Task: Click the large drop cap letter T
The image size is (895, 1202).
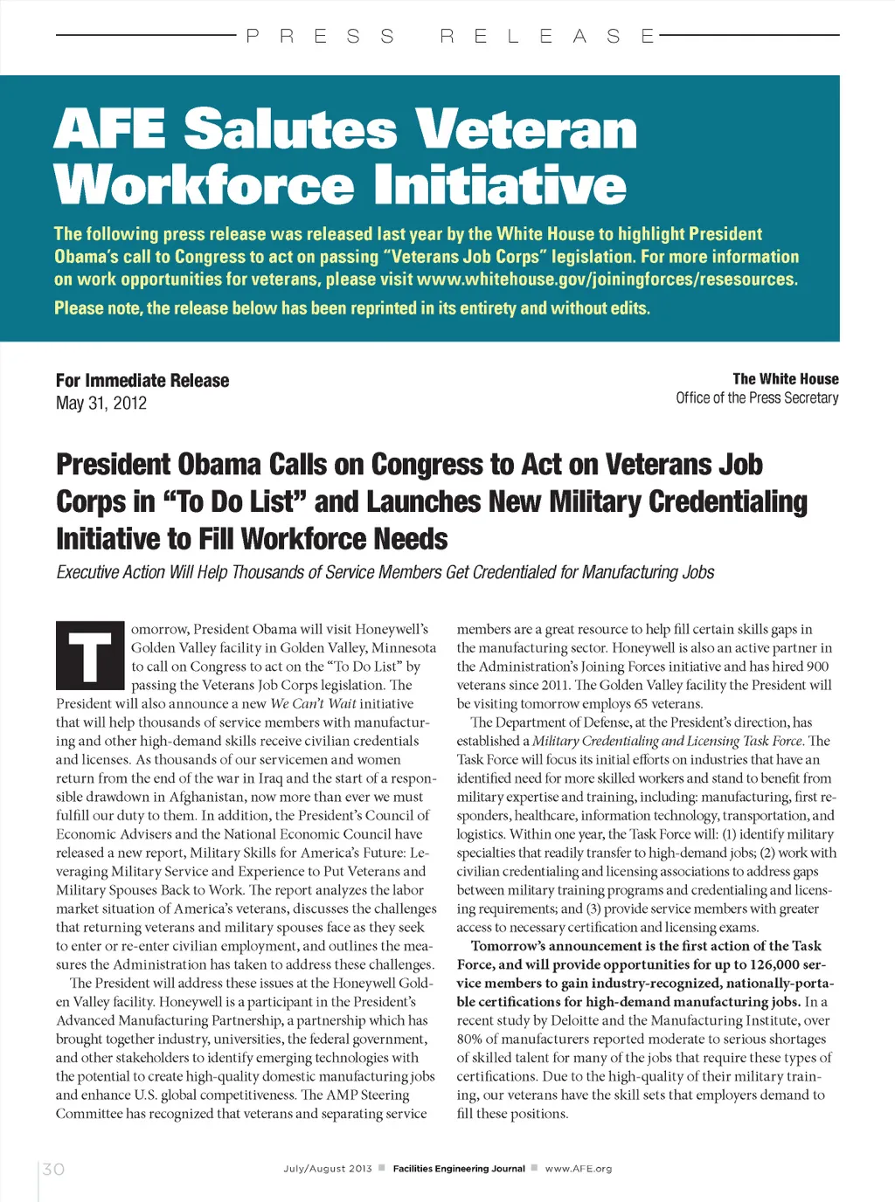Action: (89, 655)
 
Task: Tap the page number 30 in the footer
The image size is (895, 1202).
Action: (53, 1169)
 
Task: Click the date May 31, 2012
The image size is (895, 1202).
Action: (101, 403)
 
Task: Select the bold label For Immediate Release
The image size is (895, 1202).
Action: (142, 380)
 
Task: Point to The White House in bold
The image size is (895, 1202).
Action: (786, 378)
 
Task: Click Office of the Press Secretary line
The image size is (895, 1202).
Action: (757, 397)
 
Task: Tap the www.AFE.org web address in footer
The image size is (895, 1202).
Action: (579, 1169)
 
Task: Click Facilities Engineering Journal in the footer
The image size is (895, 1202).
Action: (459, 1169)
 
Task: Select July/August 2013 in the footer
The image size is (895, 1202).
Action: (328, 1169)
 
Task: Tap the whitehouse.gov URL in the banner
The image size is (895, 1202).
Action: (607, 280)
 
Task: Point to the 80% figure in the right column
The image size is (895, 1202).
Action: (470, 1039)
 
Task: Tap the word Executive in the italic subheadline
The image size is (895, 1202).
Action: (87, 572)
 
